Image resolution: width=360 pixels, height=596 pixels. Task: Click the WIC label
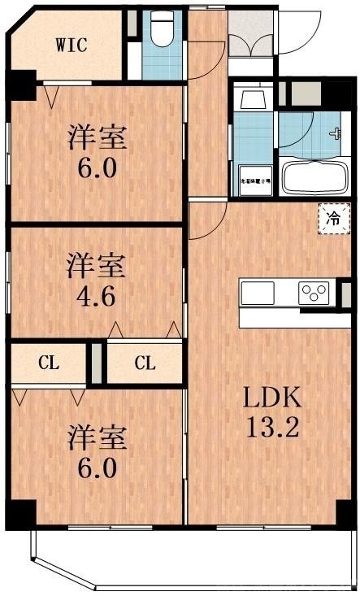coord(71,45)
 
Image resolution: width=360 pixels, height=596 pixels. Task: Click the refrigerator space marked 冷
coord(333,218)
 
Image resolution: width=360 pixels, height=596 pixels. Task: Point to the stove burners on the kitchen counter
coord(314,293)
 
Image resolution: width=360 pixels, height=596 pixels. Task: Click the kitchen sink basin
coord(260,292)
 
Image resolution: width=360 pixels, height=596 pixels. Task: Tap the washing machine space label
coord(253,183)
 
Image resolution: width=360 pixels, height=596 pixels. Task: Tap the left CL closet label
coord(49,363)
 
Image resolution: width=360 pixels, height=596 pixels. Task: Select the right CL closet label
coord(145,363)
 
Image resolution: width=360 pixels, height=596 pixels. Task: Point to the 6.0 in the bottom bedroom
coord(96,468)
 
